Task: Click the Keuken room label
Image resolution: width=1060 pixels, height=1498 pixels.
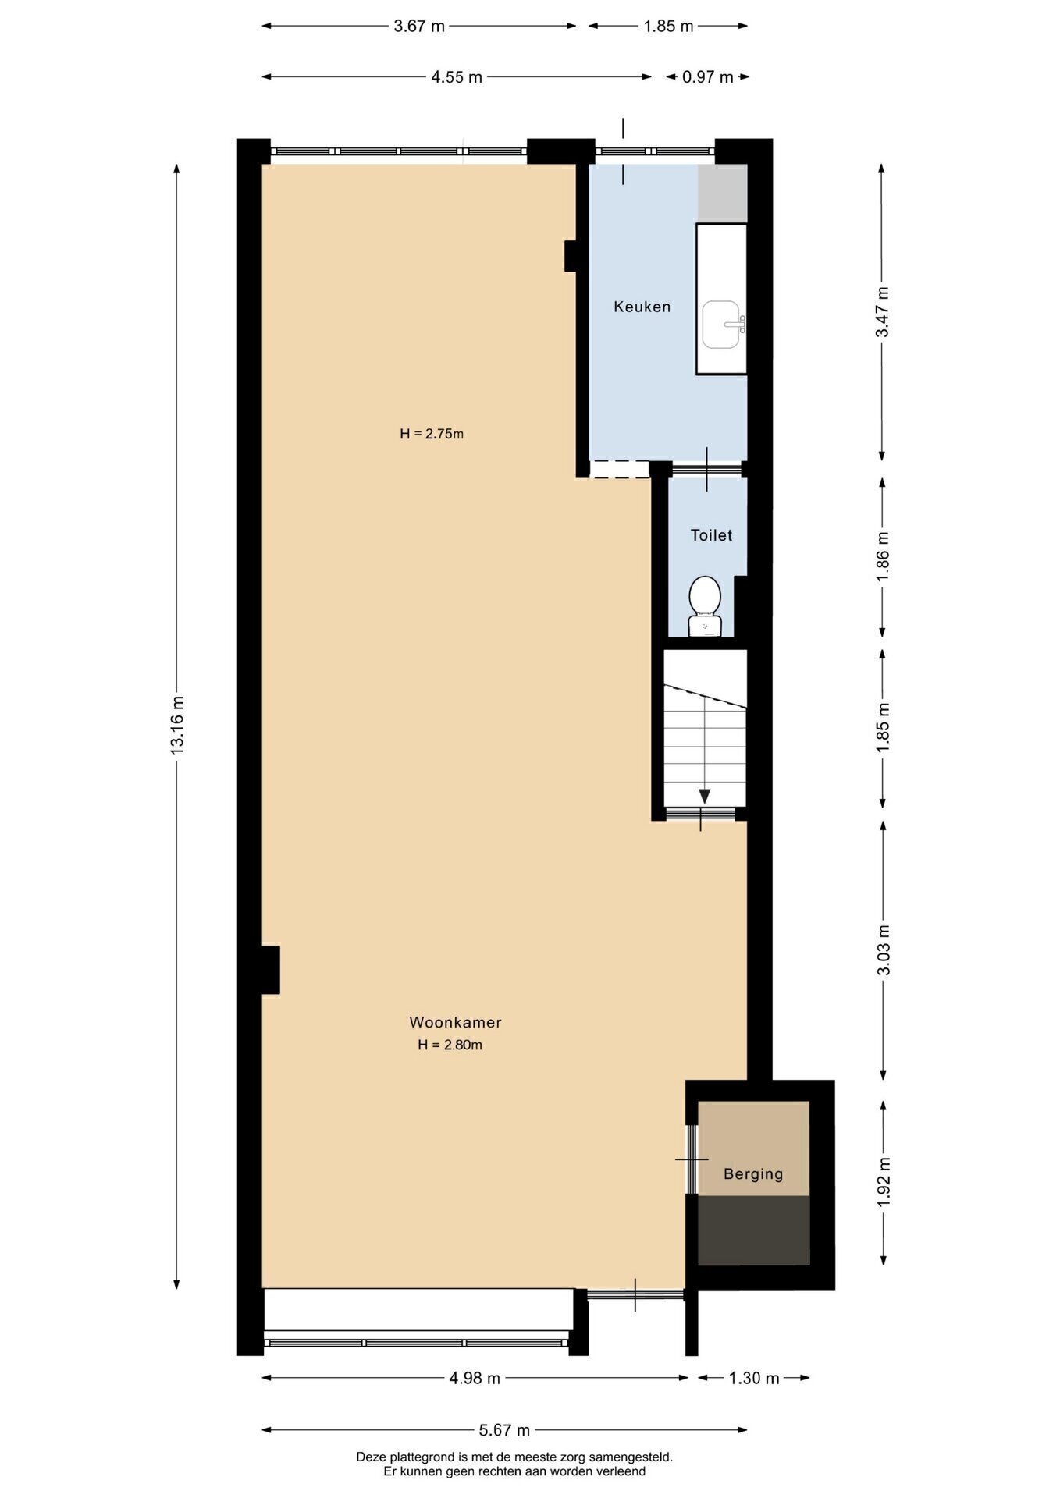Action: click(x=642, y=307)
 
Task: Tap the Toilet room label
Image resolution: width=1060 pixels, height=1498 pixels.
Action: click(x=711, y=535)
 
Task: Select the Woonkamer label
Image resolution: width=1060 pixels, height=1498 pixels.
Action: click(x=455, y=1022)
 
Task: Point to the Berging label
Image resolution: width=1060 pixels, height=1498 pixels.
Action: click(x=753, y=1174)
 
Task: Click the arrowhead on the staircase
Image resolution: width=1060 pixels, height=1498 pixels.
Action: click(x=705, y=796)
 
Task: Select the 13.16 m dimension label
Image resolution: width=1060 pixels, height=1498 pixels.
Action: click(x=177, y=725)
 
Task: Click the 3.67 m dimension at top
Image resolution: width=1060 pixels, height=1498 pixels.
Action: click(x=419, y=26)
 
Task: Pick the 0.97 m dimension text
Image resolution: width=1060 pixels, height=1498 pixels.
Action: click(x=708, y=76)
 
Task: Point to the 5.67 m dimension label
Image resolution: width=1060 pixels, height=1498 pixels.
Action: click(x=504, y=1430)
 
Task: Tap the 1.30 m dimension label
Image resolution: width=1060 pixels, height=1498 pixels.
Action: click(x=754, y=1378)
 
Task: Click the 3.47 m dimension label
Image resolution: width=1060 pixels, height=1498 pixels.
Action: click(x=883, y=311)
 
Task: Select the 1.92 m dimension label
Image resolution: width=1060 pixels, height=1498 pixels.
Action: click(x=884, y=1180)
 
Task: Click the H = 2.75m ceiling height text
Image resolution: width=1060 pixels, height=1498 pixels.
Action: click(x=432, y=434)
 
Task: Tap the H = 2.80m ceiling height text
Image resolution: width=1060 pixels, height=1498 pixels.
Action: click(x=450, y=1045)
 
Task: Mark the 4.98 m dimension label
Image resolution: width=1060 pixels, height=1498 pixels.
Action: click(x=475, y=1378)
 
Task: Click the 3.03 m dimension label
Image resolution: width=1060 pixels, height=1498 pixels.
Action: click(x=884, y=950)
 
